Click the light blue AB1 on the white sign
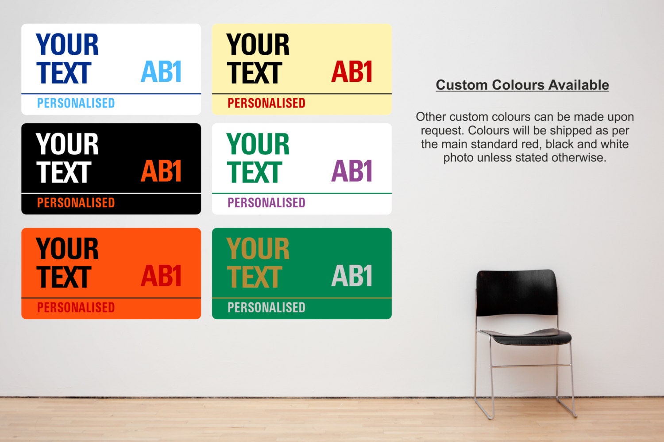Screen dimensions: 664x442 click(161, 72)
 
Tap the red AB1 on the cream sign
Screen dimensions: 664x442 click(352, 72)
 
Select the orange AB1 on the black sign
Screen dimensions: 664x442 click(161, 171)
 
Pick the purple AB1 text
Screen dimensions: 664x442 click(352, 171)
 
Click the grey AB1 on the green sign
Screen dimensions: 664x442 click(352, 276)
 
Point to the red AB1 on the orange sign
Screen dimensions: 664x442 click(161, 276)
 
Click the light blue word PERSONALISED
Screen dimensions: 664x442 click(76, 103)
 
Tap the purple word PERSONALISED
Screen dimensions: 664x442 click(266, 203)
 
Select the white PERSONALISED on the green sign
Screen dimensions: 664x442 click(266, 307)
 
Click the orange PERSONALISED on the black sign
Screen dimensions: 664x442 click(76, 203)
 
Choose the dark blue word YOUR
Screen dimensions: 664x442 click(67, 44)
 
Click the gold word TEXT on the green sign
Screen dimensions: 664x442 click(255, 277)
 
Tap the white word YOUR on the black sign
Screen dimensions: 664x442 click(67, 144)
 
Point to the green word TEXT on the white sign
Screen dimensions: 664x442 click(255, 172)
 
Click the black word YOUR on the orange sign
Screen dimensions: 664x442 click(67, 249)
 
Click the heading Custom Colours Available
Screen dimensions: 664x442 click(522, 85)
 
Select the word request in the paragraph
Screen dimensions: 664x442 click(442, 131)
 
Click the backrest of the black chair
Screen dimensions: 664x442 click(517, 293)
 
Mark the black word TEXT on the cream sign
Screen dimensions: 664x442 click(255, 73)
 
